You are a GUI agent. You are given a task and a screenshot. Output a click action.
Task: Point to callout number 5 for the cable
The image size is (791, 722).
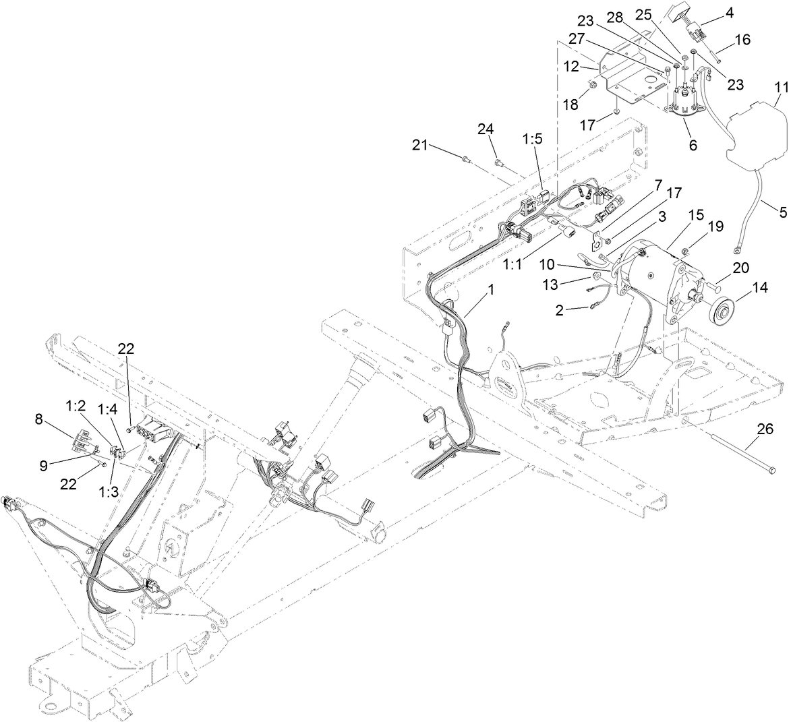[782, 212]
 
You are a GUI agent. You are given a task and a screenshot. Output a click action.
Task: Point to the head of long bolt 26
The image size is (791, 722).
[771, 469]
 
